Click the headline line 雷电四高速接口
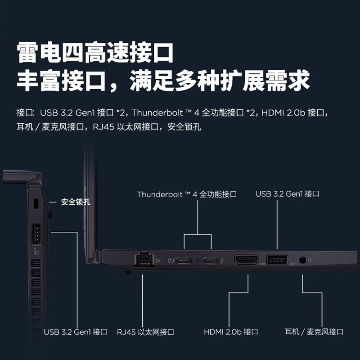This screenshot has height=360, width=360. pos(95,53)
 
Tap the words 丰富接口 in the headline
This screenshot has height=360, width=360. pos(61,81)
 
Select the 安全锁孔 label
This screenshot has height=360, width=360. pos(76,202)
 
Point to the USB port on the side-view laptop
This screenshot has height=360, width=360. pos(36,234)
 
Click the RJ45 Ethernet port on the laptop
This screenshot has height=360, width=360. pos(144,260)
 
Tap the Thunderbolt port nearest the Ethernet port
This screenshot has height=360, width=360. pos(184,260)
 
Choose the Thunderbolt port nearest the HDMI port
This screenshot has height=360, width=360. pos(211,260)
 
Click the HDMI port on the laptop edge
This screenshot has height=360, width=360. pos(246,260)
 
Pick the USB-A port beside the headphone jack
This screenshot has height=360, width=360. pos(277,260)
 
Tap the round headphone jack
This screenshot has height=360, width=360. pos(302,260)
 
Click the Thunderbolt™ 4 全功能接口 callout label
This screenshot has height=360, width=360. pos(187,194)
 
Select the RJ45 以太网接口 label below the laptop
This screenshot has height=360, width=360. pos(145,332)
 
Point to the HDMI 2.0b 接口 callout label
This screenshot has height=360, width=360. pos(231,332)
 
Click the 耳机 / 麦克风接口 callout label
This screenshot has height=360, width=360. pos(314,332)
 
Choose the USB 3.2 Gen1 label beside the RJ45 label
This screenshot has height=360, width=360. pos(76,332)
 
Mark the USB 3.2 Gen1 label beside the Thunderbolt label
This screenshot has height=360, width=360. pos(287,194)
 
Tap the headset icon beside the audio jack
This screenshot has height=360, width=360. pos(310,260)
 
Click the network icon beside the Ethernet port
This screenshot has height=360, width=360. pos(157,260)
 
